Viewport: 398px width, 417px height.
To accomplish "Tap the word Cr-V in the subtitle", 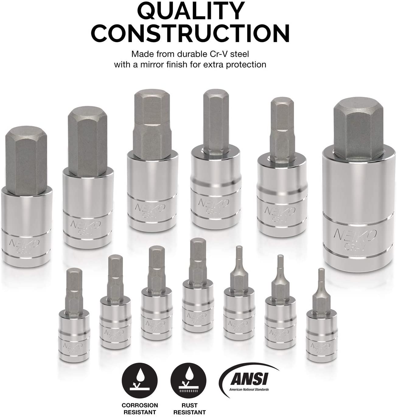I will pos(219,54).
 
